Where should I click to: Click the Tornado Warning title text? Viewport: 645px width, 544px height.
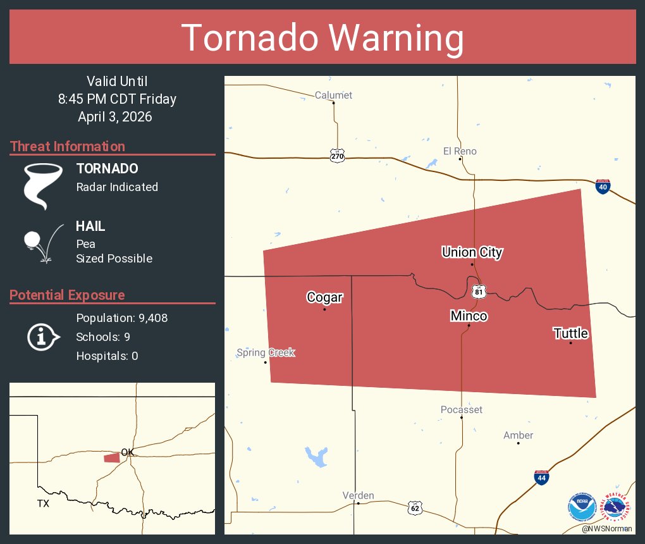click(322, 37)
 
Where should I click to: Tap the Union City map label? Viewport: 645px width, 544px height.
click(472, 252)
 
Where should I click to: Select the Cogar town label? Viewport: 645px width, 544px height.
click(324, 297)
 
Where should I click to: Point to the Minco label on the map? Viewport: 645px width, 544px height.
click(469, 315)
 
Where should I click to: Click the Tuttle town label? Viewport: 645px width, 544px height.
click(570, 333)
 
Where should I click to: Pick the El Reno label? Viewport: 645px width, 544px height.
click(460, 151)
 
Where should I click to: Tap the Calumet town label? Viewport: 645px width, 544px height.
click(333, 96)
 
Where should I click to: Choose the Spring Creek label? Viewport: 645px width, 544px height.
click(266, 352)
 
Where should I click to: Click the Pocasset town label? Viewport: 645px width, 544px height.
click(462, 409)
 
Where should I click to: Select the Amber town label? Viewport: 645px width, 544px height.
click(518, 435)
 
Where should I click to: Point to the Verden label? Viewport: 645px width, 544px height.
click(358, 495)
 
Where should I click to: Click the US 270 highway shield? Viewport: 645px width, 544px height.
click(337, 155)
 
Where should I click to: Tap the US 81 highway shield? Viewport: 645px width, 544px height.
click(479, 291)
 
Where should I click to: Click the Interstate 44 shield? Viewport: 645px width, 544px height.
click(541, 478)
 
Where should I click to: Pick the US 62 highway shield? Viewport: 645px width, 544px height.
click(414, 507)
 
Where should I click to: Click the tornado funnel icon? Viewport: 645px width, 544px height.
click(43, 186)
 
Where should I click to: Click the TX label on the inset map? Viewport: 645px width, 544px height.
click(43, 504)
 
